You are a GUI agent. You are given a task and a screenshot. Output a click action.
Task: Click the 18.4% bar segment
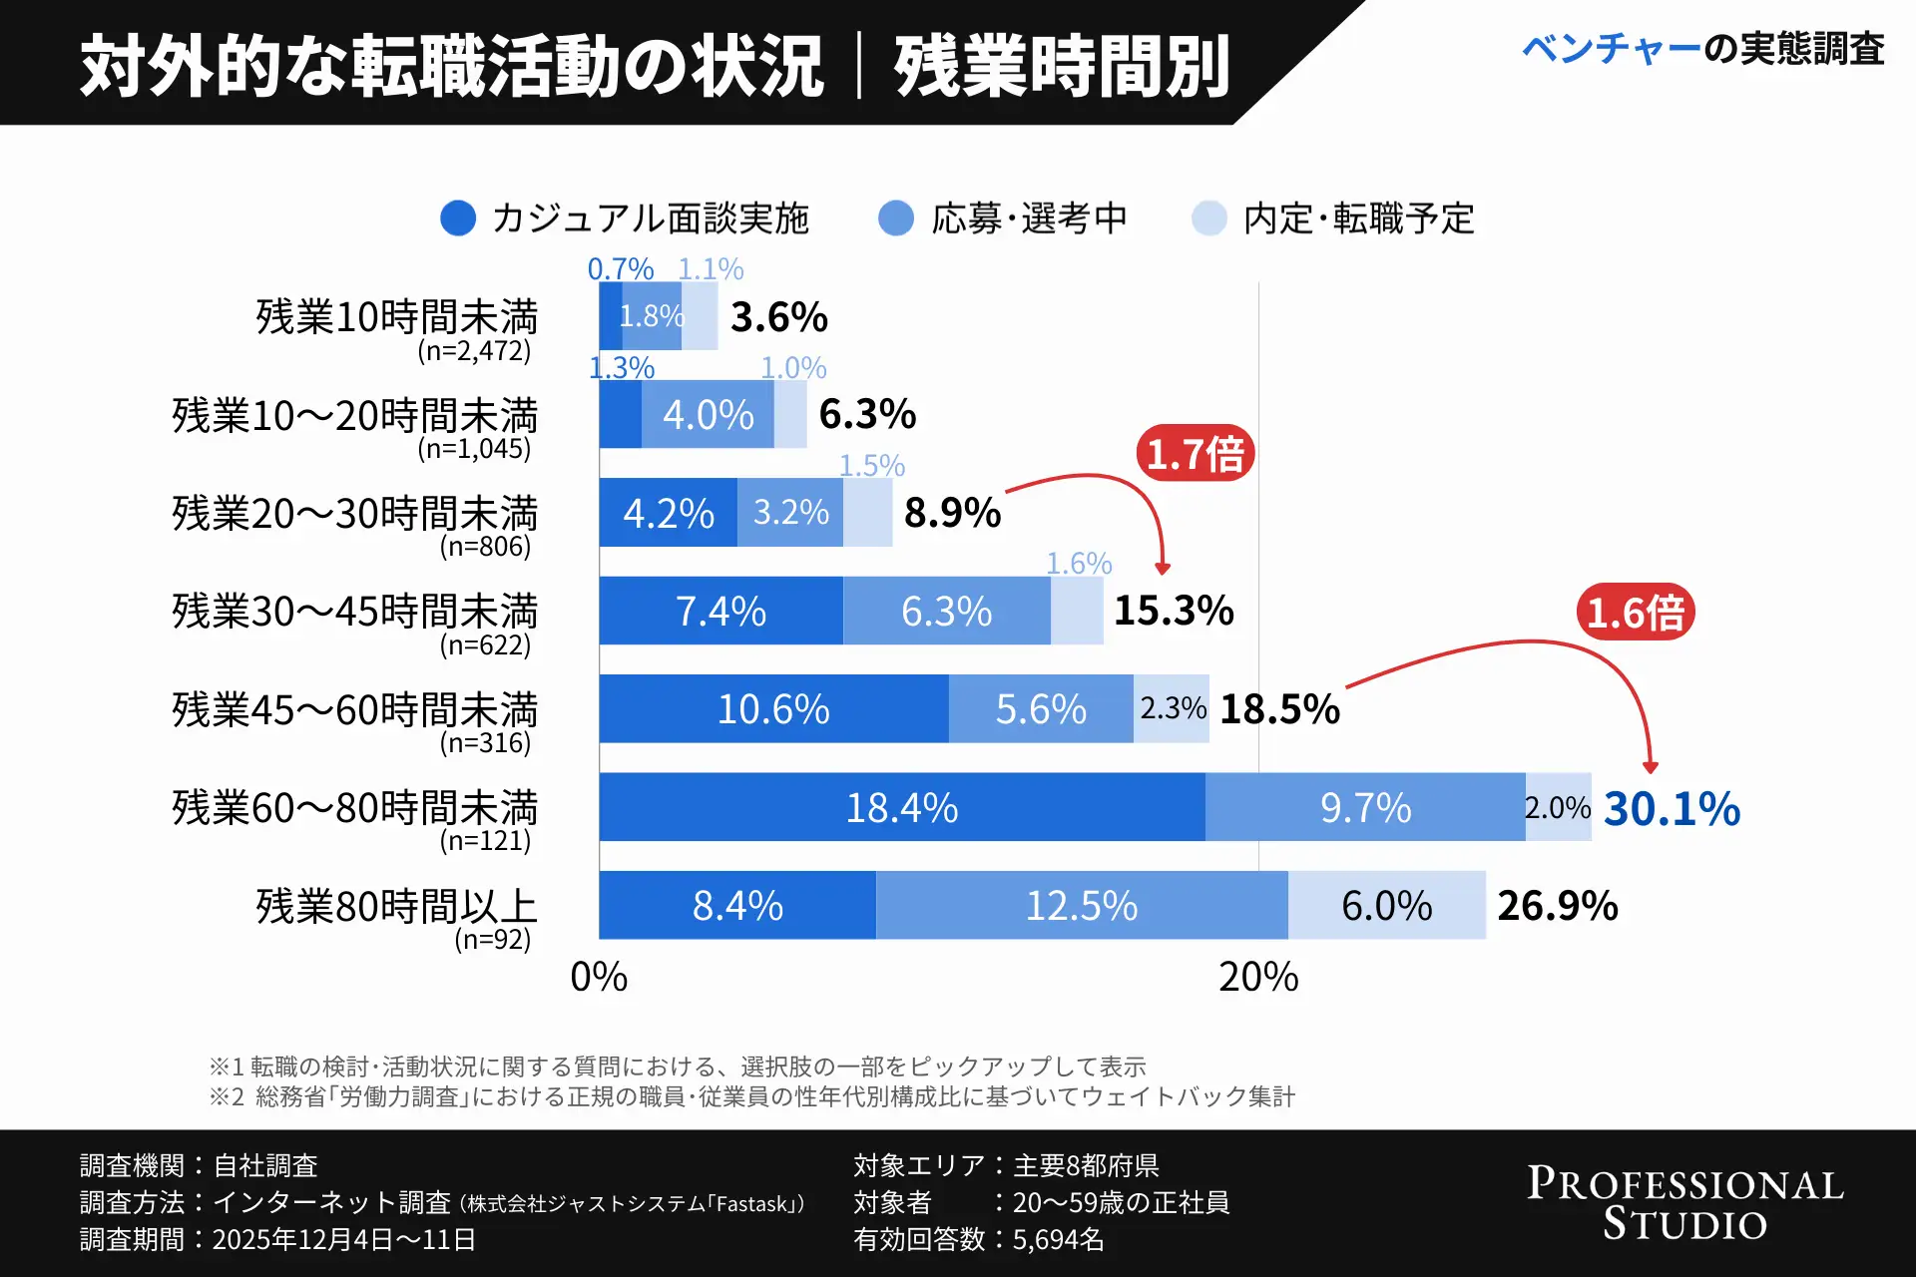pos(901,807)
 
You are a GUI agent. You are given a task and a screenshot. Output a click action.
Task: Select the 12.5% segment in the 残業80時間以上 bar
pos(1082,906)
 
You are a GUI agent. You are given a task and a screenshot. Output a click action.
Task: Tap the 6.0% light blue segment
pos(1386,906)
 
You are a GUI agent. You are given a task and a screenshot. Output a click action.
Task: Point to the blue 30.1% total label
pos(1672,808)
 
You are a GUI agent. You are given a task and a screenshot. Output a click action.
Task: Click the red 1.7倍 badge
pos(1195,455)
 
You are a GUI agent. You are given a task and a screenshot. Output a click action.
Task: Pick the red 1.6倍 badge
pos(1636,613)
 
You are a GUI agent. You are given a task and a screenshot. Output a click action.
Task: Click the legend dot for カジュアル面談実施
pos(458,218)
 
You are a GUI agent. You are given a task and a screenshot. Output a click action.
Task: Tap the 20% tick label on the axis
pos(1258,977)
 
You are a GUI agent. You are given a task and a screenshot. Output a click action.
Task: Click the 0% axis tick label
pos(599,977)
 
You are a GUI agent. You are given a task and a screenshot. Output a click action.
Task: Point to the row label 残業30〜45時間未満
pos(355,611)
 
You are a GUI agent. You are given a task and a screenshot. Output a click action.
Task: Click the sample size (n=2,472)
pos(474,351)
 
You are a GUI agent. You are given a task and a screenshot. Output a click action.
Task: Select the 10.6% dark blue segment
pos(773,709)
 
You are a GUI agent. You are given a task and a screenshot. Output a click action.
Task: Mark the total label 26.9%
pos(1557,906)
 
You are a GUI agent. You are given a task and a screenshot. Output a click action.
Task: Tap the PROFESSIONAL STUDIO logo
pos(1684,1203)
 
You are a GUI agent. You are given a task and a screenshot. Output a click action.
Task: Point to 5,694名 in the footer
pos(1058,1240)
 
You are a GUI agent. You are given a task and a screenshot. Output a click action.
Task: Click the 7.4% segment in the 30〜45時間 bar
pos(720,611)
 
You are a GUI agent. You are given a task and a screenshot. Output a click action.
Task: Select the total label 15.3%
pos(1174,611)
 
